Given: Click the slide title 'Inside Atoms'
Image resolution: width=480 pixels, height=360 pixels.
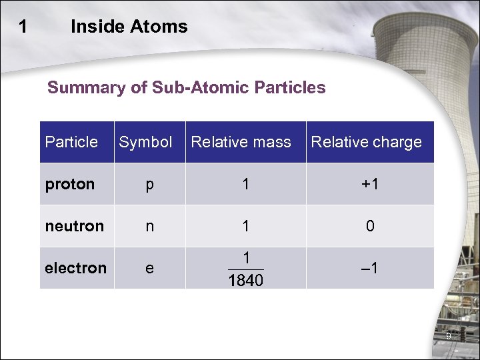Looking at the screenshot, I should (x=129, y=27).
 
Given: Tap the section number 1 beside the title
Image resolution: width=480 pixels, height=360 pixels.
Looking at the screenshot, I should (x=24, y=27).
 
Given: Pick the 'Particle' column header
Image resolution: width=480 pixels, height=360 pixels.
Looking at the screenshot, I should (x=71, y=142).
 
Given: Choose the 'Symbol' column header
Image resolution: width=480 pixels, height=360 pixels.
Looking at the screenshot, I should (x=145, y=142).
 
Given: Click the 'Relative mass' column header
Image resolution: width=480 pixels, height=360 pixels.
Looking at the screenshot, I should (x=241, y=142).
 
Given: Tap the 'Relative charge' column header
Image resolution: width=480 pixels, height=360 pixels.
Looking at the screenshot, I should (x=366, y=142).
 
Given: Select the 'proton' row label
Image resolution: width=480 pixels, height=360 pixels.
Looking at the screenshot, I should (x=70, y=184).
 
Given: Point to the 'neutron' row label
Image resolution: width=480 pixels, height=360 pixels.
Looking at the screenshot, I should (x=75, y=226).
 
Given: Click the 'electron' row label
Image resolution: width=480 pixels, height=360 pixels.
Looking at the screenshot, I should (x=75, y=268).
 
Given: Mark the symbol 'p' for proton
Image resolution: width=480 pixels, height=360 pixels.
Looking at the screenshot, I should (x=149, y=185).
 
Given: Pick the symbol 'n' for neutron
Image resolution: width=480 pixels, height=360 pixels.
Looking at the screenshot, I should (x=149, y=227).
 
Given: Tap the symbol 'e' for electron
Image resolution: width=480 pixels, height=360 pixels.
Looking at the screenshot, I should (x=149, y=269).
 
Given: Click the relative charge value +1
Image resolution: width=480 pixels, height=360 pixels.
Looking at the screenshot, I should (x=369, y=184).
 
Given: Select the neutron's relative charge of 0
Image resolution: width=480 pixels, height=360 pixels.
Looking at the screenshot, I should (x=370, y=227).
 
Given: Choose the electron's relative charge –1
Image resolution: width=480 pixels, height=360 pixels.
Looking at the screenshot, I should (x=370, y=268).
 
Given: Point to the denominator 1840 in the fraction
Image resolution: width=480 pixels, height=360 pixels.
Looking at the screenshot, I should (x=245, y=281).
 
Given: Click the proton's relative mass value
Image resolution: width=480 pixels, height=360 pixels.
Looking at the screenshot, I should (x=246, y=184).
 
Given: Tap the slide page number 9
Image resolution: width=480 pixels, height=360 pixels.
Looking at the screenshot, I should (x=448, y=336).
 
